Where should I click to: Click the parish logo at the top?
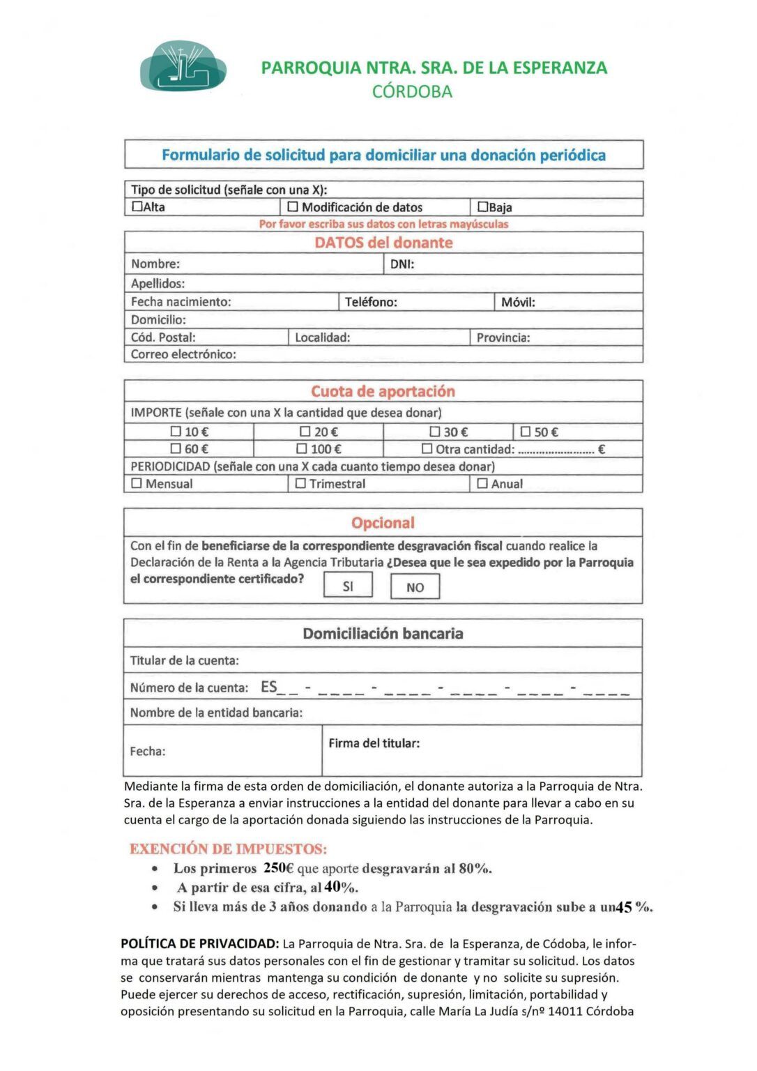(x=183, y=66)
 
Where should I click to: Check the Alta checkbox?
(x=137, y=206)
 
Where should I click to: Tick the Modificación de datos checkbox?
(x=293, y=206)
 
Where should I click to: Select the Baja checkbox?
(x=482, y=206)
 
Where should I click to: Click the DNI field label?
(x=402, y=264)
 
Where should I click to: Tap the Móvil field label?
(x=518, y=302)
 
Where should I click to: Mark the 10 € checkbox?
(x=176, y=432)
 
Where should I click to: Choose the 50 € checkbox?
(x=526, y=432)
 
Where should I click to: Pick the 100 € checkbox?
(x=302, y=449)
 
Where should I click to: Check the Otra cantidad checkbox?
(x=427, y=449)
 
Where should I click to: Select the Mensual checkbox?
(x=137, y=483)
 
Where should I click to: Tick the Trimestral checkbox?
(x=300, y=483)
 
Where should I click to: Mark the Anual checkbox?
(x=482, y=483)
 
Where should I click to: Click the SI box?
(x=348, y=586)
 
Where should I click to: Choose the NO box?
(x=415, y=587)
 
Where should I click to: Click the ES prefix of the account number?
(x=269, y=688)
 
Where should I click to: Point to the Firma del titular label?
(x=374, y=743)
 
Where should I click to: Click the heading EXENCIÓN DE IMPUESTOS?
(x=228, y=849)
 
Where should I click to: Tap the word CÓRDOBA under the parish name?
(x=412, y=91)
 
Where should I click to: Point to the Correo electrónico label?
(x=183, y=354)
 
